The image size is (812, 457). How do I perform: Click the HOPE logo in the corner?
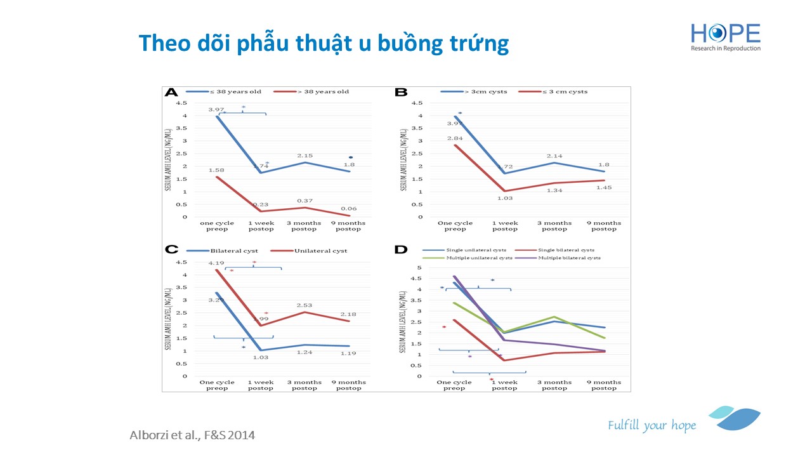(726, 36)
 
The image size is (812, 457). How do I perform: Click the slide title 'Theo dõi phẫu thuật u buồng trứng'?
(324, 43)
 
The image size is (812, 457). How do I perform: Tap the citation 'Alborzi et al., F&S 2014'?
(192, 435)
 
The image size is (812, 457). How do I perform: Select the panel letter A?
(171, 92)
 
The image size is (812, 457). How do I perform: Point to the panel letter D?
(401, 249)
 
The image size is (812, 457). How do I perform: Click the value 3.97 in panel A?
(217, 110)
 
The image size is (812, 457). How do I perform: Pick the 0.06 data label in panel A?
(348, 208)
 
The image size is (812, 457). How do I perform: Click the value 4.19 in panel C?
(217, 263)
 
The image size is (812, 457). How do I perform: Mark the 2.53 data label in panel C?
(304, 305)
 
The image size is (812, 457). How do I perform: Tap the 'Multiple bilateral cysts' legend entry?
(569, 258)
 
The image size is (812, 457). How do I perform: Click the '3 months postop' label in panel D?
(554, 385)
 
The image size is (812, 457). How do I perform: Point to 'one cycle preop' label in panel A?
(217, 226)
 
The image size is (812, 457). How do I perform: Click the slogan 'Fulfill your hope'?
(652, 425)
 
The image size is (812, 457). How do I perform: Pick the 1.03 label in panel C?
(261, 357)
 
